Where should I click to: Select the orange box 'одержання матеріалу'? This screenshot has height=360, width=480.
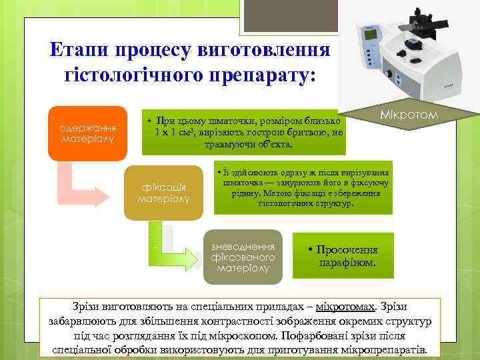(x=87, y=133)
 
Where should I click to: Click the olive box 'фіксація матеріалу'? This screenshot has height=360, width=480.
(x=163, y=192)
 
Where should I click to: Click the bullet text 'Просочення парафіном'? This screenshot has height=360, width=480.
(x=345, y=256)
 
